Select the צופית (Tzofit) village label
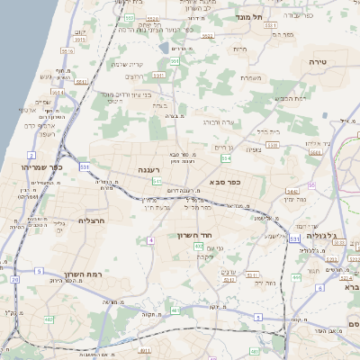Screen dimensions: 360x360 (256, 151)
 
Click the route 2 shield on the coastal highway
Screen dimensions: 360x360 (31, 156)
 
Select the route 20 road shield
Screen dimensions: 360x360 (14, 280)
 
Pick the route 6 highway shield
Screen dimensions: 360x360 (319, 287)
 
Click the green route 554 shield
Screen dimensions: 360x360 (225, 158)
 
